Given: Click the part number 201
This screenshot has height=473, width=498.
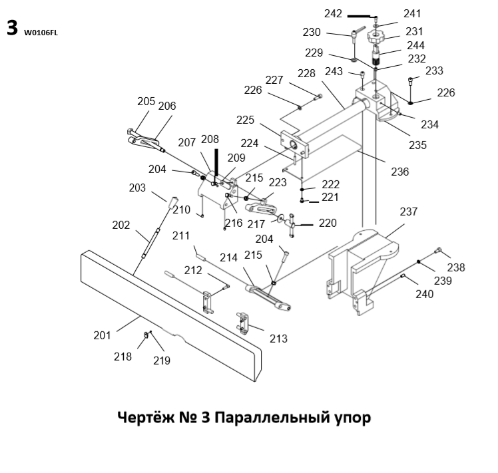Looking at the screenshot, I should click(102, 335).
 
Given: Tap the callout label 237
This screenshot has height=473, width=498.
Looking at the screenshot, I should click(408, 212).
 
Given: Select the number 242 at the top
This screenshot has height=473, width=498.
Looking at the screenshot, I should click(333, 14).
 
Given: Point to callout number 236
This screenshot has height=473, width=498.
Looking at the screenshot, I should click(400, 172).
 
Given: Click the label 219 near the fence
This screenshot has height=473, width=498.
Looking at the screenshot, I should click(162, 361).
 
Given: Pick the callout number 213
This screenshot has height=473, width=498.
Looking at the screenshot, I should click(278, 339).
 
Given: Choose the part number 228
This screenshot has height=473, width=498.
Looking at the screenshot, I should click(306, 73).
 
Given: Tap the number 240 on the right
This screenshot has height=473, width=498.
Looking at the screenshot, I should click(425, 293).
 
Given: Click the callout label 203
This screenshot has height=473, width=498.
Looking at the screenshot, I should click(137, 188).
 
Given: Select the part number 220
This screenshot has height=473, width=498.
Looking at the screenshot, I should click(328, 224).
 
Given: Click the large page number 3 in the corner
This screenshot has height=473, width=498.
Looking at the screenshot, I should click(11, 28).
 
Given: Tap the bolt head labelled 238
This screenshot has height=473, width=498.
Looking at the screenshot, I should click(437, 251).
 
